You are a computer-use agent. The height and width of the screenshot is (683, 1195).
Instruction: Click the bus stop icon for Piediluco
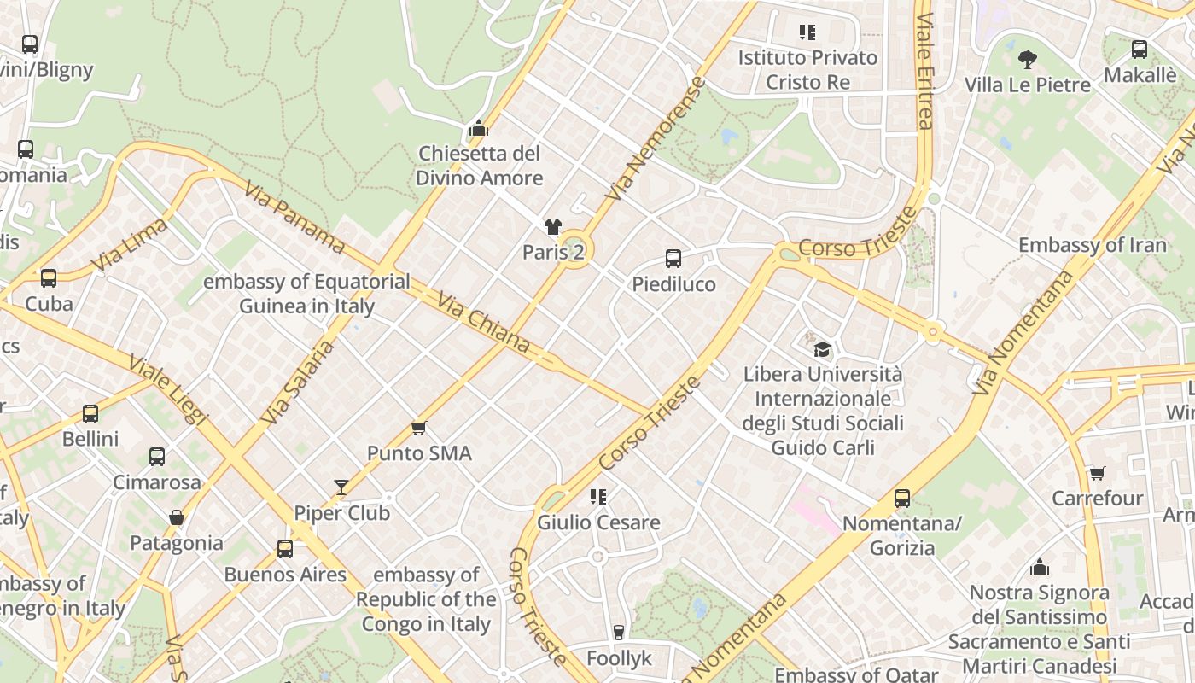[x=673, y=258]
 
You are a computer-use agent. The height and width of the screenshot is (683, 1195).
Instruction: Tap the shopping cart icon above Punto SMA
[x=418, y=428]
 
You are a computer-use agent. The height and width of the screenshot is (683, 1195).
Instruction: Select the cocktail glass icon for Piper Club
[x=341, y=487]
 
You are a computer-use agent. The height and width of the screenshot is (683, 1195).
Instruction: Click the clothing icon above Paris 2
[x=553, y=226]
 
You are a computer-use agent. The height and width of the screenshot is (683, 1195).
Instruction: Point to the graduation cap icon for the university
[x=822, y=349]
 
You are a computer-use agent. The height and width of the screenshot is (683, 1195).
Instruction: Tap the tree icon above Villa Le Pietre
[x=1028, y=59]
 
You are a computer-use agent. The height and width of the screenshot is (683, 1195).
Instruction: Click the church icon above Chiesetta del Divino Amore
[x=479, y=128]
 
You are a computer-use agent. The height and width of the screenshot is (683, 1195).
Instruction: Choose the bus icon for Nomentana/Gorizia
[x=902, y=498]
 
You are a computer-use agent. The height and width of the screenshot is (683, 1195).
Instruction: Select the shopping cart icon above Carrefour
[x=1097, y=473]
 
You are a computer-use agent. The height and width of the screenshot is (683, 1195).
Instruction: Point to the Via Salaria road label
[x=299, y=382]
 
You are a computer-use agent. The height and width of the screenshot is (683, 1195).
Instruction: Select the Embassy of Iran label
[x=1092, y=245]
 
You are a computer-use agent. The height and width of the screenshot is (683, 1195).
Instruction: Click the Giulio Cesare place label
[x=598, y=522]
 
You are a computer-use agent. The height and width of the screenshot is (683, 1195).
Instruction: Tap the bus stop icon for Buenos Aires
[x=285, y=548]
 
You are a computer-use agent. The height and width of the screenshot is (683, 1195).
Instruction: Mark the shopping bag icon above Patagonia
[x=177, y=517]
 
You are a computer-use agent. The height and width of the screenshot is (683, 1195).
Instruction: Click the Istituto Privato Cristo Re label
[x=807, y=70]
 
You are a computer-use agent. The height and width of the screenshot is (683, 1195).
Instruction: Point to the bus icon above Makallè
[x=1140, y=49]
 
